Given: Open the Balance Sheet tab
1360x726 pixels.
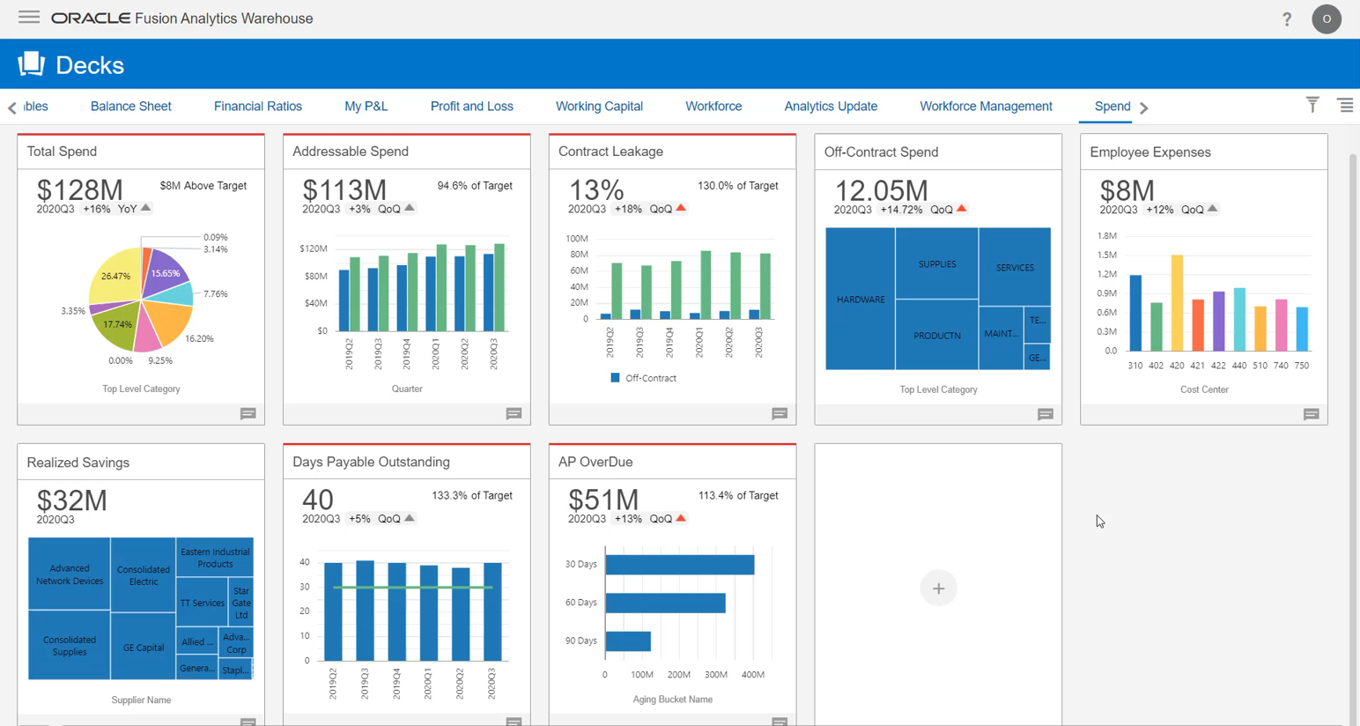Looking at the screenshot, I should [130, 107].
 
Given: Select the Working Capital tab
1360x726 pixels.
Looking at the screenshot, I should [599, 107].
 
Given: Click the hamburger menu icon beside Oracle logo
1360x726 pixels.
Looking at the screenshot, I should [29, 18].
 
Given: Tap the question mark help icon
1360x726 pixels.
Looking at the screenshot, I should [1287, 19].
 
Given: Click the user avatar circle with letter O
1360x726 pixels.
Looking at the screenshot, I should [1327, 19].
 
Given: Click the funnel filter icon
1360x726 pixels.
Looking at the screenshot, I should [1312, 105].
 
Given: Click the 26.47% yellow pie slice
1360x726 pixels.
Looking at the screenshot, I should [115, 275].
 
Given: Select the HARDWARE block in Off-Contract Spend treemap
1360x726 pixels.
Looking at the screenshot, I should [860, 300].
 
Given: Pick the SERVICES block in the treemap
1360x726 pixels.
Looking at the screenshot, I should [1015, 267].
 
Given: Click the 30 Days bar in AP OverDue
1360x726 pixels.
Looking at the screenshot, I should [679, 565].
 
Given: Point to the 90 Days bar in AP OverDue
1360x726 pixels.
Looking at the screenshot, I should [628, 641].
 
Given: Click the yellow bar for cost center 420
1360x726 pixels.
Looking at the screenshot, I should [1177, 302].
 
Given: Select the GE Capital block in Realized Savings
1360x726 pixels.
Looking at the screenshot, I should [144, 648].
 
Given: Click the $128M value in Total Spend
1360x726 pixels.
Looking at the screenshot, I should [79, 189].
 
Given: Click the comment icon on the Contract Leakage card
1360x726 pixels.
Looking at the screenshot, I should [780, 414].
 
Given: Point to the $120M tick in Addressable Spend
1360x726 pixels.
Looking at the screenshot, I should [313, 248].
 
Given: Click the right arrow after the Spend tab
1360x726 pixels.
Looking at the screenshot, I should [1144, 107].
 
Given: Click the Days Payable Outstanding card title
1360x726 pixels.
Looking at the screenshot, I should [371, 462].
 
